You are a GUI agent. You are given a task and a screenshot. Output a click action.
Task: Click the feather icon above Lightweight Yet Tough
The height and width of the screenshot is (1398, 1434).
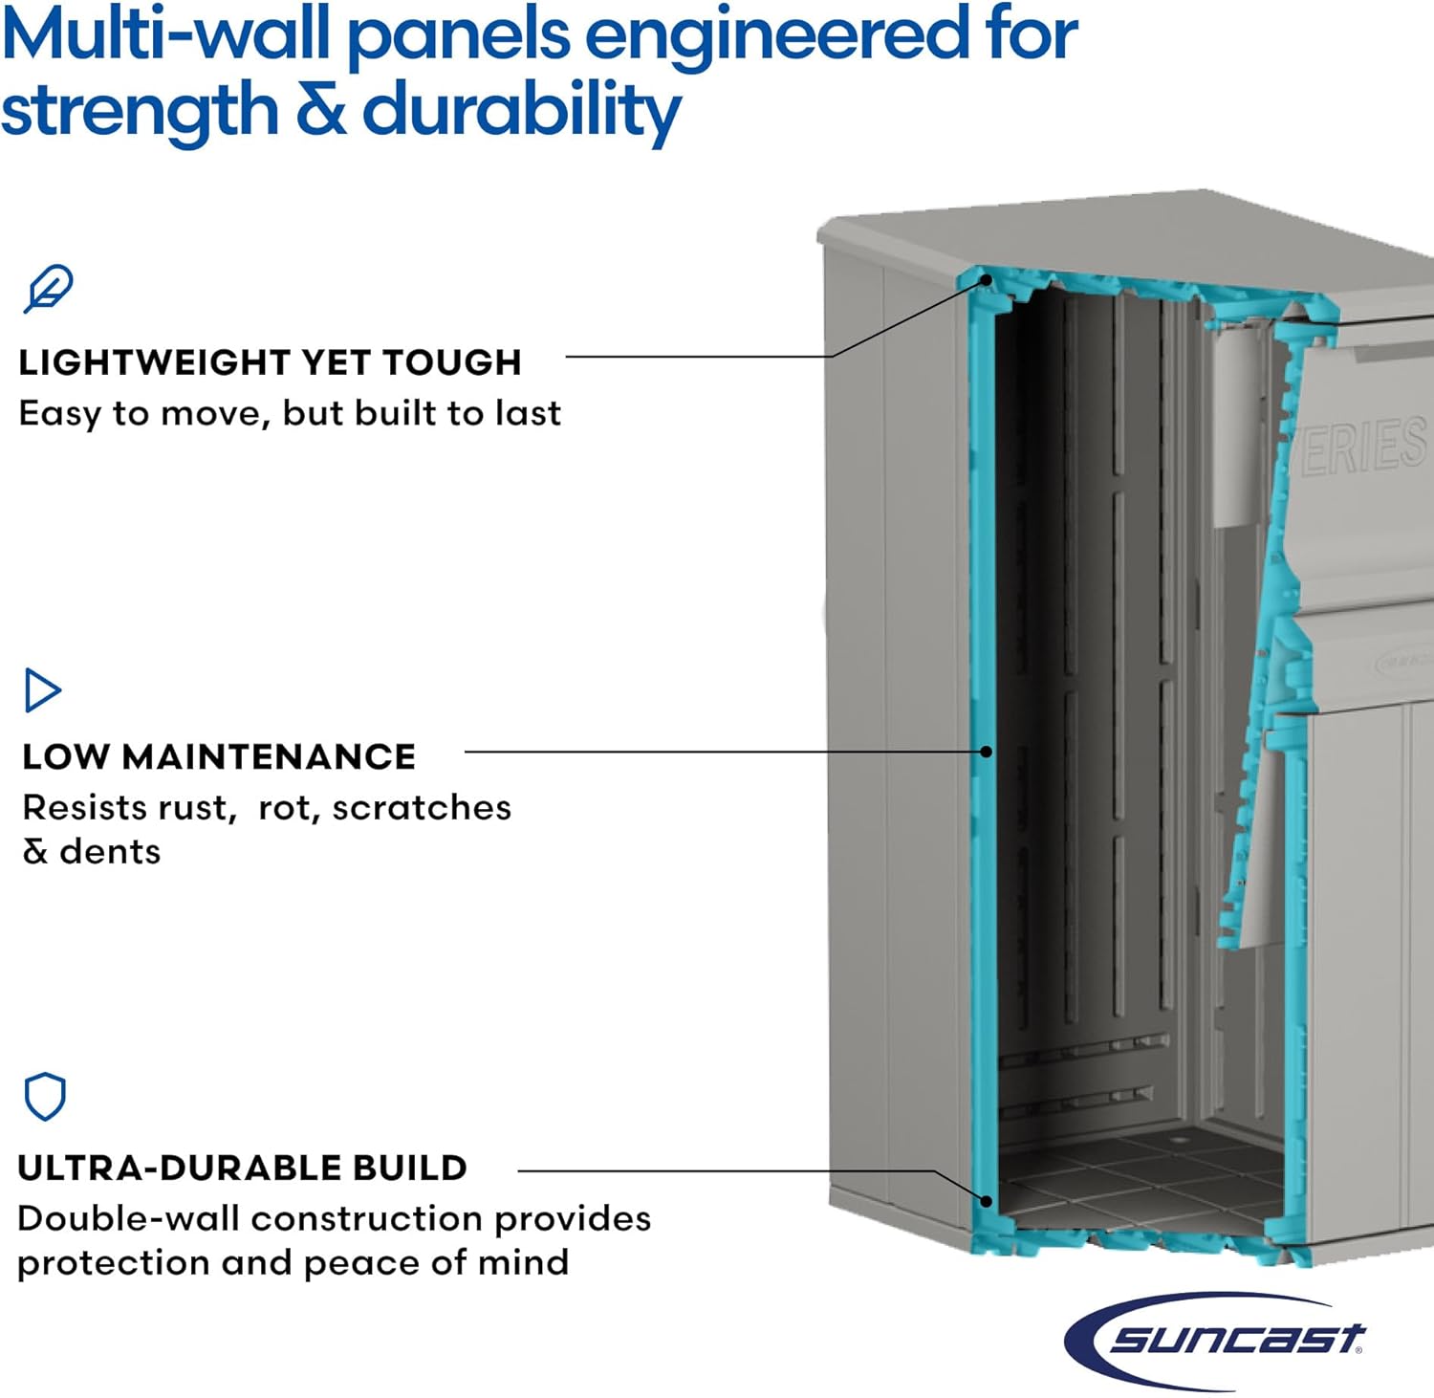tap(48, 288)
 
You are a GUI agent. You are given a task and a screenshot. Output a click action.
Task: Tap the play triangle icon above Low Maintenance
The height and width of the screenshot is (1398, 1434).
tap(41, 690)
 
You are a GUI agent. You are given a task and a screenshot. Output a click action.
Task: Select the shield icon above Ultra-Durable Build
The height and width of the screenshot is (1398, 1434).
tap(45, 1096)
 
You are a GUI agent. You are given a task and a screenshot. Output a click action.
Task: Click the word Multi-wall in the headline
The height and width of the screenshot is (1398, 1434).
tap(165, 36)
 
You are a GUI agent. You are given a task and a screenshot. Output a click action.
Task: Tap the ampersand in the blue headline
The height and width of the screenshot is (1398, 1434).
tap(320, 111)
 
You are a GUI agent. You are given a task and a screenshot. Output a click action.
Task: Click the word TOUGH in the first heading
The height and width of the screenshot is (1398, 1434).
tap(451, 363)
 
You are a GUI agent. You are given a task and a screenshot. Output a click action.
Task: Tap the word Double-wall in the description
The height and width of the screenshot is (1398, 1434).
tap(128, 1219)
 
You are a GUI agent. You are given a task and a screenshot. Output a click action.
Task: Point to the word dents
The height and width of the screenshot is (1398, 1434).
tap(110, 852)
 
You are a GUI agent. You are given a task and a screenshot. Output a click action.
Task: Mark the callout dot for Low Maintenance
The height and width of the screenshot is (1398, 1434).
tap(987, 752)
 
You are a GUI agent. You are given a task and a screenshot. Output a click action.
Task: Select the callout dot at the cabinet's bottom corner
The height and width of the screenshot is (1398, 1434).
tap(987, 1201)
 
